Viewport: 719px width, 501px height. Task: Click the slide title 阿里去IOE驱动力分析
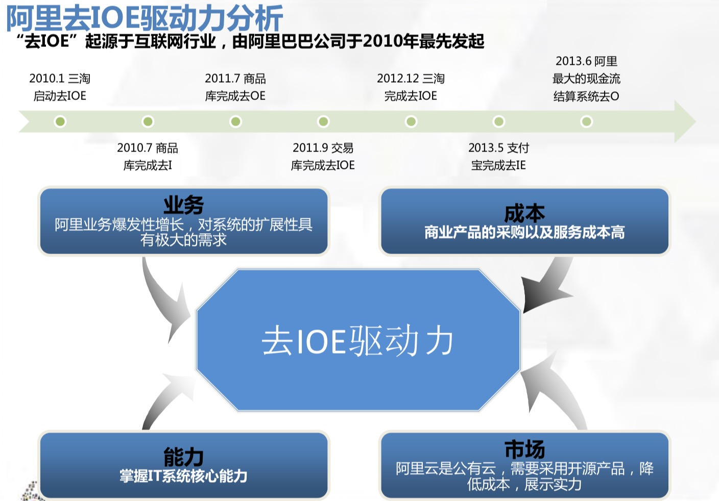pyautogui.click(x=145, y=18)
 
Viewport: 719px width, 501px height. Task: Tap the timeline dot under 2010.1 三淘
pyautogui.click(x=60, y=121)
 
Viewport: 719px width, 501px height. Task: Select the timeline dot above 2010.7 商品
pyautogui.click(x=148, y=121)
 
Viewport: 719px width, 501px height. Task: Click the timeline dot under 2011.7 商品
pyautogui.click(x=235, y=121)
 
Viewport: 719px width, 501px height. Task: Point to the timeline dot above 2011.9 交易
pyautogui.click(x=323, y=121)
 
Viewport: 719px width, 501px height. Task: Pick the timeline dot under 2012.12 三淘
pyautogui.click(x=411, y=121)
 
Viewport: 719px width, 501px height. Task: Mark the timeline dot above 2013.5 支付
pyautogui.click(x=499, y=121)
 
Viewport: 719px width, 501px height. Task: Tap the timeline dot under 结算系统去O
pyautogui.click(x=586, y=121)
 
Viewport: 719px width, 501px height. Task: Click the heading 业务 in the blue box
pyautogui.click(x=184, y=205)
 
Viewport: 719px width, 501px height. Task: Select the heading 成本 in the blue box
pyautogui.click(x=524, y=213)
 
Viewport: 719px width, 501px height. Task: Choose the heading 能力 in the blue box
pyautogui.click(x=184, y=457)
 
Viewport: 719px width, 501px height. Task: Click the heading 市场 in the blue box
pyautogui.click(x=524, y=449)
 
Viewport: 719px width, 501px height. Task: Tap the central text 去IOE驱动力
pyautogui.click(x=357, y=341)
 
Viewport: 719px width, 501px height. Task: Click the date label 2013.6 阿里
pyautogui.click(x=586, y=61)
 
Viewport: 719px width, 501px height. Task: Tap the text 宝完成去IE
pyautogui.click(x=498, y=165)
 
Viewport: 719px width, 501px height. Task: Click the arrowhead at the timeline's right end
pyautogui.click(x=685, y=121)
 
